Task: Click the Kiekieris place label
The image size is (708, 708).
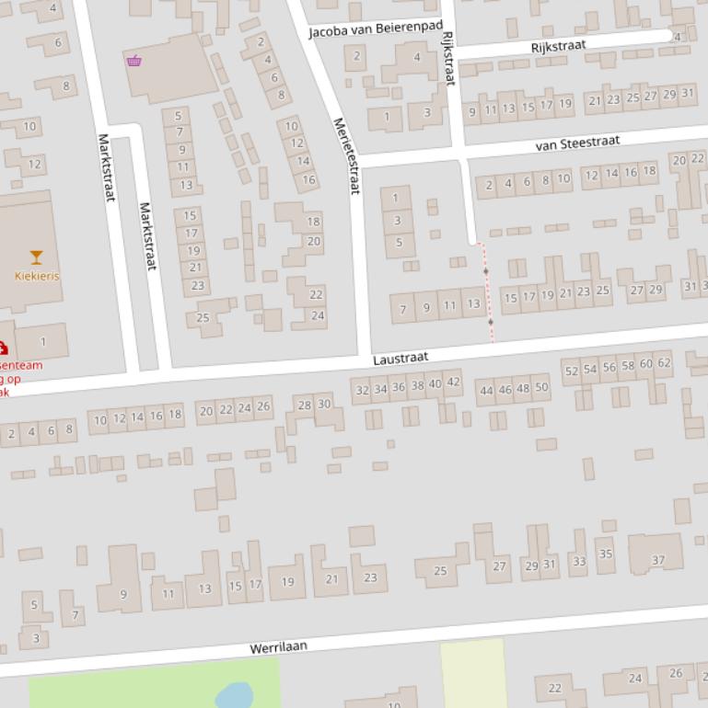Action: [37, 276]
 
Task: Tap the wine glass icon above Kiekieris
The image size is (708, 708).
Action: [37, 257]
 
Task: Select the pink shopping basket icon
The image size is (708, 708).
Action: [134, 61]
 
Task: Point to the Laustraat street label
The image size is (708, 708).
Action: [400, 358]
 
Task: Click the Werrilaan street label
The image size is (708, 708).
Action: [278, 647]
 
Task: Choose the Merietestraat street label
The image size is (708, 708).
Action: [345, 155]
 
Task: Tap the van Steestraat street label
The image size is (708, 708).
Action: [577, 143]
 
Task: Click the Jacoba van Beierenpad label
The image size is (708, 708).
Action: [375, 29]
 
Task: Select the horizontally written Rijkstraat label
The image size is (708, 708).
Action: [558, 46]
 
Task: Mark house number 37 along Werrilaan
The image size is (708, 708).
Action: [658, 560]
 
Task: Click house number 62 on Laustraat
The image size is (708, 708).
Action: [664, 363]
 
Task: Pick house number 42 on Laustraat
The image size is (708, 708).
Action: [453, 383]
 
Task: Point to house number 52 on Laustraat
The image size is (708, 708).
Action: [571, 371]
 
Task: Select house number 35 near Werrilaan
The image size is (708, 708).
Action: [605, 554]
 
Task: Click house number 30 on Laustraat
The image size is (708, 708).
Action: [324, 404]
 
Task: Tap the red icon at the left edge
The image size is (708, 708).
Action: [3, 348]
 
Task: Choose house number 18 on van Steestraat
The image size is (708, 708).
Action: [649, 171]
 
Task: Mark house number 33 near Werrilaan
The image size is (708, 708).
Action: [578, 561]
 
